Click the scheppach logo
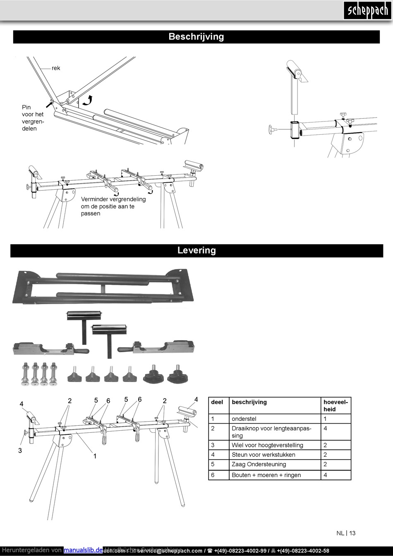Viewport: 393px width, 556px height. click(367, 10)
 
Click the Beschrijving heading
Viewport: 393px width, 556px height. click(196, 37)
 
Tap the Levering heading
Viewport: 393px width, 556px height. click(196, 251)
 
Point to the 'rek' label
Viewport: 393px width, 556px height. click(56, 68)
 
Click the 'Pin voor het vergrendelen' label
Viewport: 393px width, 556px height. click(33, 118)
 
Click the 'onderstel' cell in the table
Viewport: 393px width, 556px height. click(244, 419)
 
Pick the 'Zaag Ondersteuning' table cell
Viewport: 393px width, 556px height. click(259, 464)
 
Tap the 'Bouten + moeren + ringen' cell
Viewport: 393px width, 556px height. click(266, 475)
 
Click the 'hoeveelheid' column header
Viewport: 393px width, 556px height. click(335, 406)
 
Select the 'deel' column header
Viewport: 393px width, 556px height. click(217, 402)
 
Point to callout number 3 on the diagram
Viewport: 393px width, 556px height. click(20, 451)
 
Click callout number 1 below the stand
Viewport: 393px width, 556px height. click(95, 456)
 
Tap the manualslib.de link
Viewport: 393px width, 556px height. click(83, 550)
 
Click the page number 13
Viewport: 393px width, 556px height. click(352, 533)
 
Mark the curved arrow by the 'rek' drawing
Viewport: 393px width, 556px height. click(87, 100)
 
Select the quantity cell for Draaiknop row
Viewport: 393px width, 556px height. click(325, 429)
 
